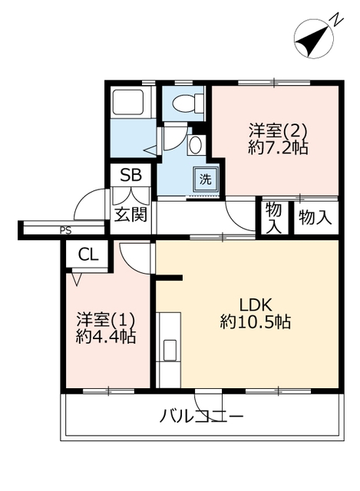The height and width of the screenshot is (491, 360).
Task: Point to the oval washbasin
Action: click(196, 145)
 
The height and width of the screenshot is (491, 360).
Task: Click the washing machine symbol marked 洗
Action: click(205, 180)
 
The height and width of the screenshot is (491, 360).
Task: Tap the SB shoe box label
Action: click(131, 175)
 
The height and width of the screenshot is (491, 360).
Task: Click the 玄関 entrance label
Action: click(130, 215)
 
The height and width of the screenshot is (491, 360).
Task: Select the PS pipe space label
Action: click(66, 231)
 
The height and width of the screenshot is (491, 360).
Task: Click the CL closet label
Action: click(88, 255)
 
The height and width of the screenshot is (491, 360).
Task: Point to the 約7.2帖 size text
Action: click(278, 147)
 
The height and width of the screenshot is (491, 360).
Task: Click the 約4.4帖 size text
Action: click(106, 337)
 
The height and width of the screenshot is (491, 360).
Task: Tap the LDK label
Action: click(255, 305)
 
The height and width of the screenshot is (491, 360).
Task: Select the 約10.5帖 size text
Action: click(256, 321)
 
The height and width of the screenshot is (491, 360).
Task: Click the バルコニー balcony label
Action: click(201, 416)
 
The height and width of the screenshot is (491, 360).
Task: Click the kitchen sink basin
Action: click(170, 350)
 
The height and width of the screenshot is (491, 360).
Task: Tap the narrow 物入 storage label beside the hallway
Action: click(273, 218)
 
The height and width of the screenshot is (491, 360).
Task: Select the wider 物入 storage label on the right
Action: click(315, 217)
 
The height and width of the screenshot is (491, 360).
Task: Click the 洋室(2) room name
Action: click(277, 130)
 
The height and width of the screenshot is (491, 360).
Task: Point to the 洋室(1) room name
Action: click(106, 319)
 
